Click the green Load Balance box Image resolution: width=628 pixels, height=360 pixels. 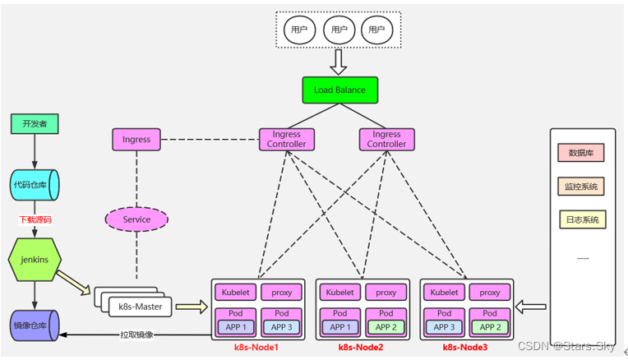(x=339, y=90)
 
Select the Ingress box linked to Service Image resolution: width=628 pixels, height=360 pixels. (x=136, y=139)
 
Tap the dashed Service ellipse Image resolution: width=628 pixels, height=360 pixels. (x=136, y=219)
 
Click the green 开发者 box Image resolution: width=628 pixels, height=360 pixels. (x=34, y=124)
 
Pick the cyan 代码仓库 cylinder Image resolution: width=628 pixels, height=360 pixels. (x=34, y=185)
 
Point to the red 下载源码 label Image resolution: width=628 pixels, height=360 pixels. (x=35, y=220)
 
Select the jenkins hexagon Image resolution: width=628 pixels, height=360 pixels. (x=34, y=260)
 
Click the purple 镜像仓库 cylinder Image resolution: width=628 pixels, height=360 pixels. (x=34, y=325)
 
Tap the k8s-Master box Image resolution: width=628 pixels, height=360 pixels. (x=141, y=307)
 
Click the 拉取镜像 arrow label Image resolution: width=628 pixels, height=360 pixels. (x=137, y=335)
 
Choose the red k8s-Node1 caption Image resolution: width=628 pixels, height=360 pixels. (x=257, y=348)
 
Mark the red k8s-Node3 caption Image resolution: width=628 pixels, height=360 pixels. (x=466, y=348)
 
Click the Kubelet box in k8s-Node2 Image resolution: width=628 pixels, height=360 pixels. (x=339, y=292)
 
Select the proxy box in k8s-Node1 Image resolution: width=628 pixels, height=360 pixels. (x=282, y=292)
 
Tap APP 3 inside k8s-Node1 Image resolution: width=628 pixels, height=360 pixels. (x=282, y=326)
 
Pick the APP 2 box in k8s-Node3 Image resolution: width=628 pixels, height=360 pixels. (x=490, y=326)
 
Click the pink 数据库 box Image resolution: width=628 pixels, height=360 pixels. (x=581, y=152)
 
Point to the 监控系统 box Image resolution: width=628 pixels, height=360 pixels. (x=581, y=187)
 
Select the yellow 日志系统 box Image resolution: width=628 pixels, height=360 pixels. (x=581, y=219)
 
